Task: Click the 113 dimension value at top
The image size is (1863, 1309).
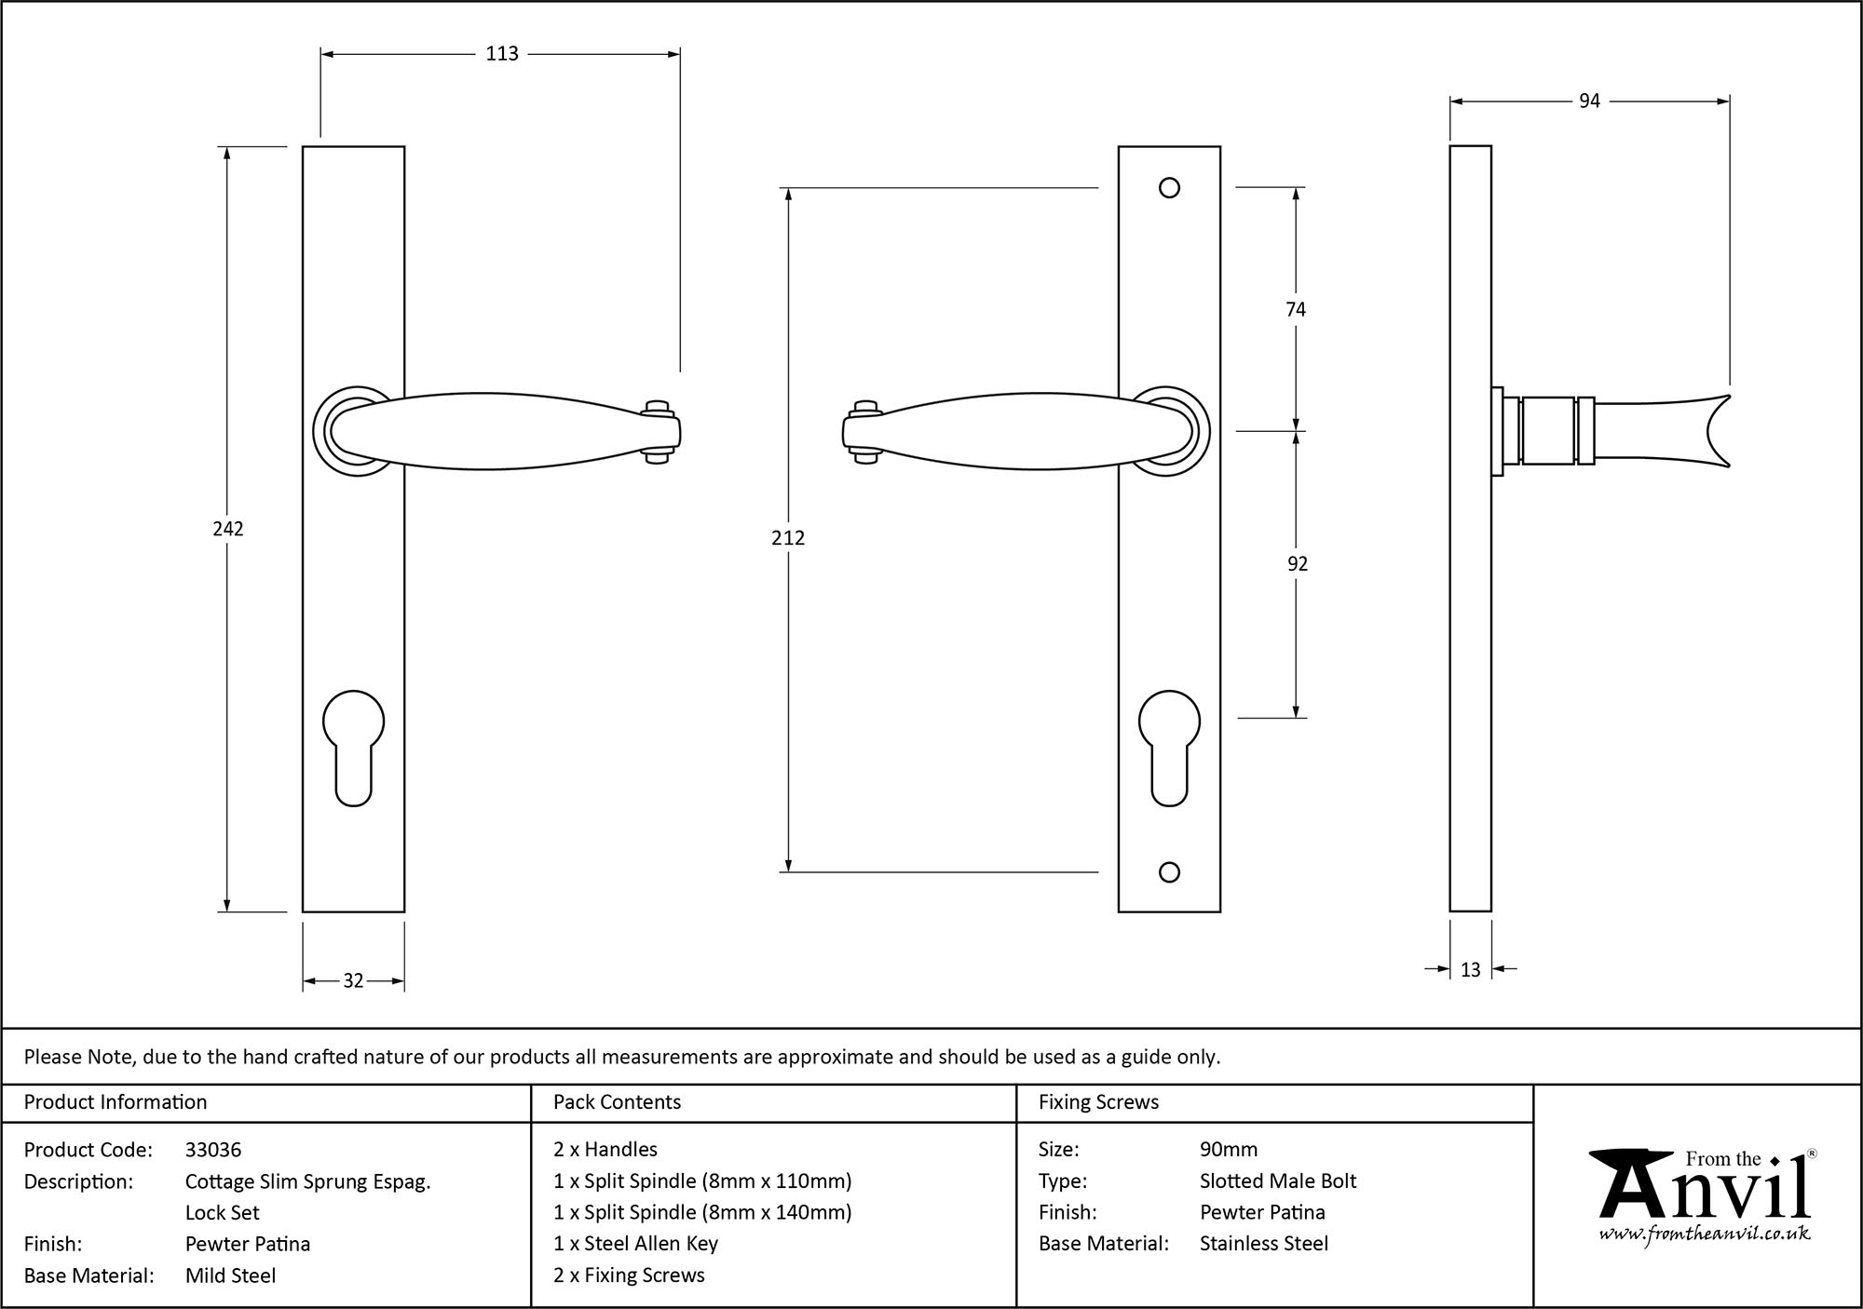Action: tap(501, 54)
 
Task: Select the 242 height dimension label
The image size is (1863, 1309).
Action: tap(228, 529)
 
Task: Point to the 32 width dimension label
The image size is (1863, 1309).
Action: tap(353, 980)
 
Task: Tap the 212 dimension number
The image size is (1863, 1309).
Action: tap(788, 538)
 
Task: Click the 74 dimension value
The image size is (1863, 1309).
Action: tap(1296, 309)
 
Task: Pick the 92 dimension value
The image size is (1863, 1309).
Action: tap(1297, 563)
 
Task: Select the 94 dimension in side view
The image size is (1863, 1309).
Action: tap(1589, 101)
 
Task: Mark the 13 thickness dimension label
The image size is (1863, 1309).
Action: tap(1470, 970)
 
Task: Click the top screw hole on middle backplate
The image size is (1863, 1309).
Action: tap(1169, 188)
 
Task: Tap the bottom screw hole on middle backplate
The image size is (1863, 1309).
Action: tap(1169, 872)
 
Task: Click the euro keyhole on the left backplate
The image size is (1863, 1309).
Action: tap(353, 745)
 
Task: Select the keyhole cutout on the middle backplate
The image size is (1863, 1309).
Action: tap(1169, 745)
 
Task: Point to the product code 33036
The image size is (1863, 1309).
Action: tap(213, 1150)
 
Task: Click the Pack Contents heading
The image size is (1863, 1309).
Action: tap(617, 1102)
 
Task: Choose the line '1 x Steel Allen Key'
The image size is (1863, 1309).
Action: tap(635, 1244)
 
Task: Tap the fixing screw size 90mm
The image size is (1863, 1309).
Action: tap(1229, 1150)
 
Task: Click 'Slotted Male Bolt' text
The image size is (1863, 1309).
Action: tap(1278, 1181)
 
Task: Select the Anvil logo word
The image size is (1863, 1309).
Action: tap(1705, 1192)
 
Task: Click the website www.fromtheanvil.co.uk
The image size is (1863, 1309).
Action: tap(1705, 1235)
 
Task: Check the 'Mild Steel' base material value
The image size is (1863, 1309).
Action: tap(230, 1275)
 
